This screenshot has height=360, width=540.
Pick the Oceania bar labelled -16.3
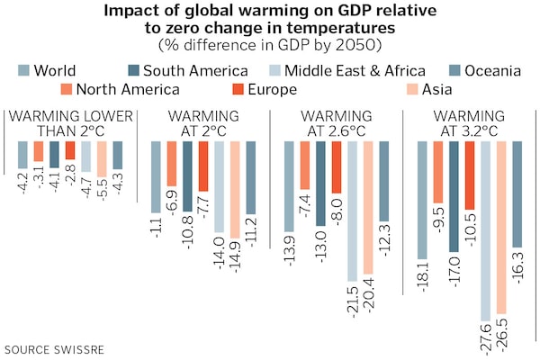click(x=517, y=194)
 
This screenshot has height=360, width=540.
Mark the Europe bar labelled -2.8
click(x=70, y=150)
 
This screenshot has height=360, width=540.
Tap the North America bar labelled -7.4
click(x=305, y=165)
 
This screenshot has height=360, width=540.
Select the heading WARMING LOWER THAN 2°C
click(x=70, y=123)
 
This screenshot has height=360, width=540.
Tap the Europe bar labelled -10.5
click(x=469, y=176)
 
